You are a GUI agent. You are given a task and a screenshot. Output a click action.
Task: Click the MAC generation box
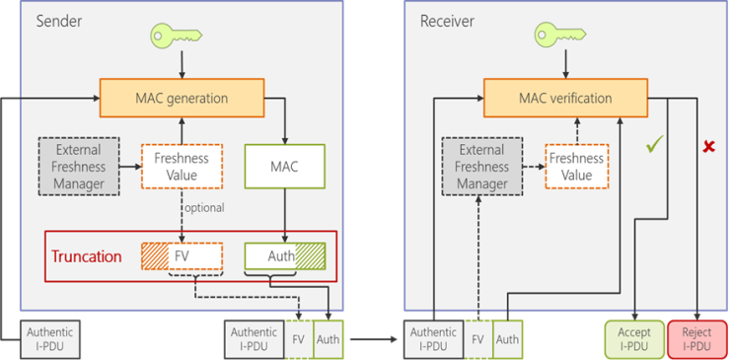182,99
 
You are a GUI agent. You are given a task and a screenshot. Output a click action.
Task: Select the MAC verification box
565,99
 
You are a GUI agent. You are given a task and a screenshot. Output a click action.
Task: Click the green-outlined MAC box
284,167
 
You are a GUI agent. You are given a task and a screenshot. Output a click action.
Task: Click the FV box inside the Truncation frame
182,256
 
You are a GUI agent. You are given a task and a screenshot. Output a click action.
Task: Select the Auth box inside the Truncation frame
284,256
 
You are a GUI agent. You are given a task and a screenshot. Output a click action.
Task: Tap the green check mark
652,146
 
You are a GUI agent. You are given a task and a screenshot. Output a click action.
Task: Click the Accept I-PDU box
633,339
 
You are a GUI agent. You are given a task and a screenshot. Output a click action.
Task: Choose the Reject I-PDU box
697,339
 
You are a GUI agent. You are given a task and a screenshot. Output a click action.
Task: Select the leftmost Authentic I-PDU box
49,339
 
